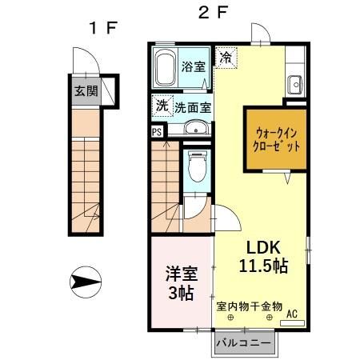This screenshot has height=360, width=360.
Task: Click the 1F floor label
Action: [103, 27]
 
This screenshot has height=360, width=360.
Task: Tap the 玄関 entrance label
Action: [87, 91]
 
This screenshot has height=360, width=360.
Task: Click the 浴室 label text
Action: [193, 66]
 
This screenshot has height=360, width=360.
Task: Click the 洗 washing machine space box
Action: [162, 106]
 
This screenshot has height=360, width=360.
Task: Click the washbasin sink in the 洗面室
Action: [194, 128]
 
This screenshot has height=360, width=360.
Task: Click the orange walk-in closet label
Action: [277, 140]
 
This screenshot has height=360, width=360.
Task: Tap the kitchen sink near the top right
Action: [294, 82]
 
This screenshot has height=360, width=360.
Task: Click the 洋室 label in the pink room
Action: [179, 273]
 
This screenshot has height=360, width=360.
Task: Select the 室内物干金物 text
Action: [250, 306]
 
